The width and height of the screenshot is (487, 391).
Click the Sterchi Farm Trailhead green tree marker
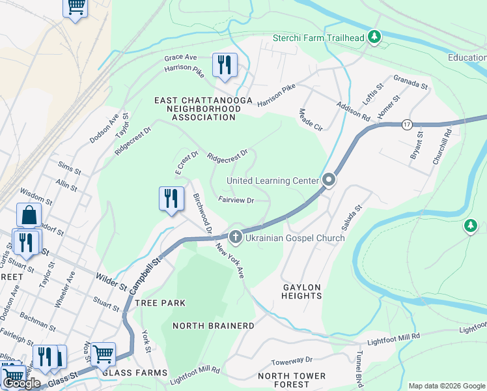(x=374, y=37)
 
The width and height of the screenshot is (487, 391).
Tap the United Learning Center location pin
(x=329, y=180)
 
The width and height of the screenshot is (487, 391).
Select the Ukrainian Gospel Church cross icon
(x=235, y=238)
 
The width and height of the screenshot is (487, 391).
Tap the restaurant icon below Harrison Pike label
(x=225, y=65)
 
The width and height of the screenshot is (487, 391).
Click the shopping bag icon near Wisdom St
(x=29, y=214)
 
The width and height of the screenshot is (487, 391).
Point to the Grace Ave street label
(x=180, y=57)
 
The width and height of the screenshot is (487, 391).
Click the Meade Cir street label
(x=310, y=119)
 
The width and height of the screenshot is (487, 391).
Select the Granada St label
(x=410, y=82)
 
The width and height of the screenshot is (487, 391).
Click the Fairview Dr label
(x=236, y=201)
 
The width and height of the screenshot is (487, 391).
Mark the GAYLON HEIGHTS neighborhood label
(x=302, y=291)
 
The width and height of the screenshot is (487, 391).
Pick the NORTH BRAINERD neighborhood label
(x=213, y=325)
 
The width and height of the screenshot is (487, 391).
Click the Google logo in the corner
(x=21, y=383)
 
